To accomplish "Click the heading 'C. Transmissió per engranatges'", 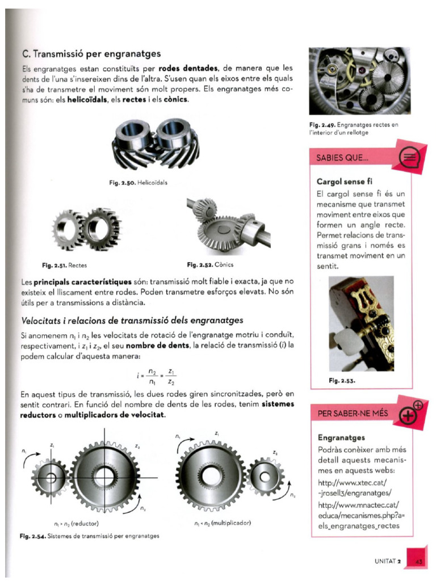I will pos(90,54).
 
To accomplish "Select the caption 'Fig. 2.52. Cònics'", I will pos(209,265).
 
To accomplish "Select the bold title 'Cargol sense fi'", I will pos(344,182).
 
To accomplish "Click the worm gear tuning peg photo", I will pos(361,323).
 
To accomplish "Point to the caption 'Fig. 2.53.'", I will pos(342,381).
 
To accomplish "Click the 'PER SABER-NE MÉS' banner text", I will pos(349,414).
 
